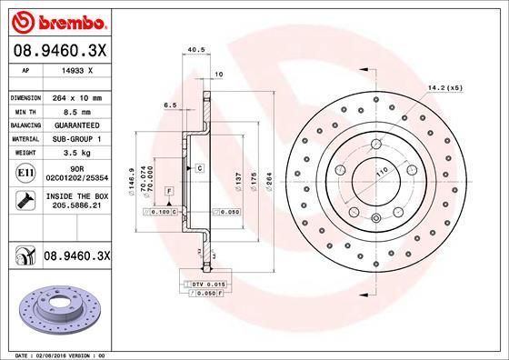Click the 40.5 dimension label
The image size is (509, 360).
193,51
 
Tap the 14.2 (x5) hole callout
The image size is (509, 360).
444,88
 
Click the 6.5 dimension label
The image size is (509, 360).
171,105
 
